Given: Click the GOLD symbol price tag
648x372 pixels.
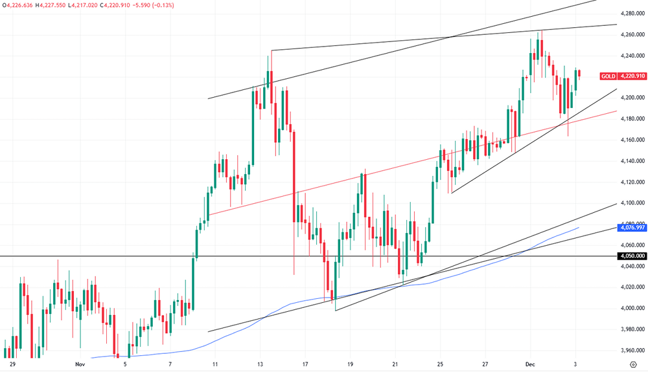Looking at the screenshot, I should pos(608,76).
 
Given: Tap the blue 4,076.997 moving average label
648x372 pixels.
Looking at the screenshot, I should pos(632,227).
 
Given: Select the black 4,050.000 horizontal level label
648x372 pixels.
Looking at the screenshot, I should pos(632,256).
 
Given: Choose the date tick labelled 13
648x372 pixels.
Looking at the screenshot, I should pos(260,365).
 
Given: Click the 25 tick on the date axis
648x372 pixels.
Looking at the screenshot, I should pos(441,365).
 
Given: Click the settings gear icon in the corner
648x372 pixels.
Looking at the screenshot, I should pos(632,365).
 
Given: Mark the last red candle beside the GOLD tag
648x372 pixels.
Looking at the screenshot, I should pos(579,74).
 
